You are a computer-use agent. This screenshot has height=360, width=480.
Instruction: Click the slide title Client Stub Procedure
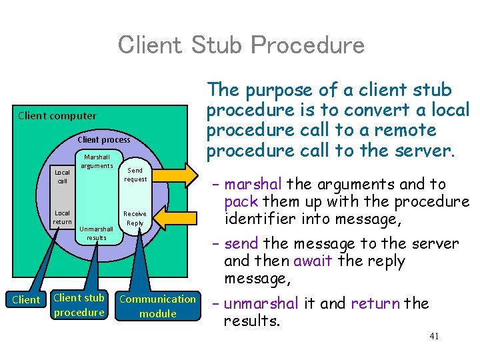241,45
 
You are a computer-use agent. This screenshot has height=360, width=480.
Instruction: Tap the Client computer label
57,115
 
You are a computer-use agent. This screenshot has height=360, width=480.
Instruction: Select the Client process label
104,139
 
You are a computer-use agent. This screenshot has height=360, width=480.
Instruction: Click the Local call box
62,176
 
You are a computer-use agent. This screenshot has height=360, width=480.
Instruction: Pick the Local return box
62,217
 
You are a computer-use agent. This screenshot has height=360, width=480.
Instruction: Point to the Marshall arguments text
97,161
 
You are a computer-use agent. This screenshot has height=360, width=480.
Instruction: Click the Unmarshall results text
96,233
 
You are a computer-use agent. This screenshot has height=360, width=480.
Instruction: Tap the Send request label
136,175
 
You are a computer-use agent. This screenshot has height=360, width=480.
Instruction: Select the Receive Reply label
135,219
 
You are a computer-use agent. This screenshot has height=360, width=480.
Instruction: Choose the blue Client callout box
26,300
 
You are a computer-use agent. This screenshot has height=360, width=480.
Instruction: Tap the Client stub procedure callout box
79,305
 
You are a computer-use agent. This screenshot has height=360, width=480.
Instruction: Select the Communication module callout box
158,306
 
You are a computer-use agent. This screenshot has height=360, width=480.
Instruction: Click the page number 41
434,337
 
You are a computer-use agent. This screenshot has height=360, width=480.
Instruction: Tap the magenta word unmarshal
261,304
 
